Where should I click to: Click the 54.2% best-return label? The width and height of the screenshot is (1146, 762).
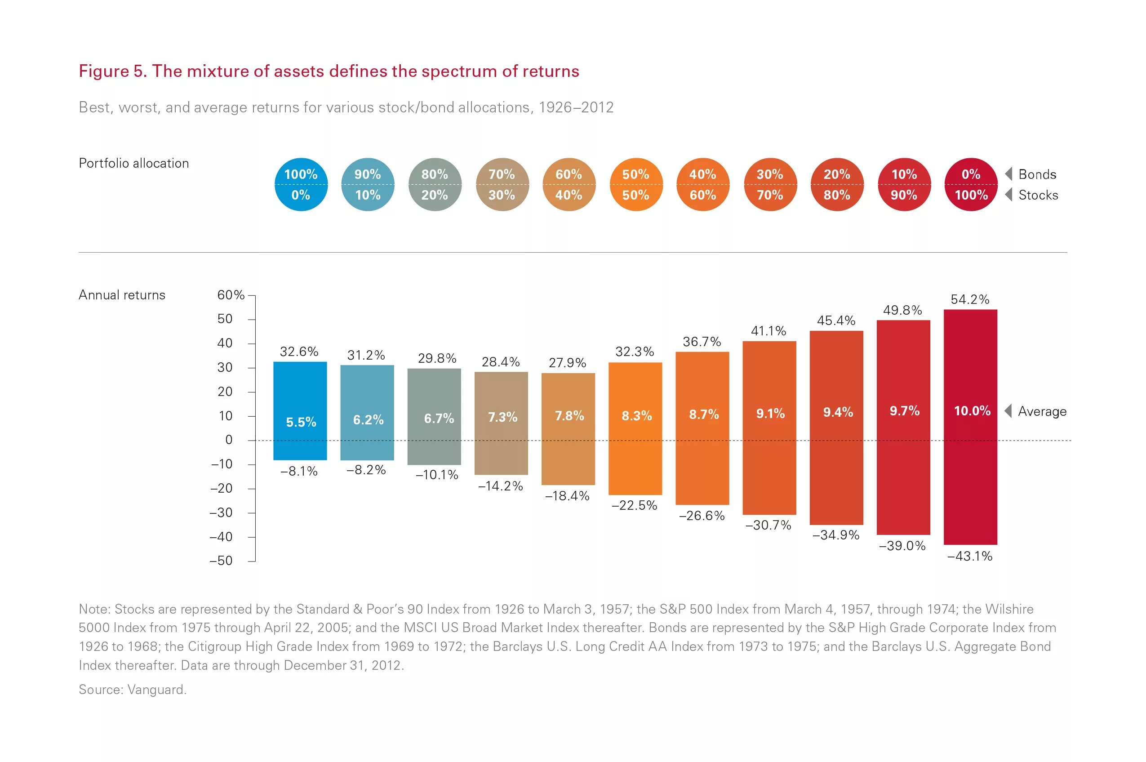click(x=970, y=299)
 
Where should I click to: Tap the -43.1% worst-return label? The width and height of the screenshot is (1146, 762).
click(x=970, y=556)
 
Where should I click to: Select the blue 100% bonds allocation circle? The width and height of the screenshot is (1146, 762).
click(x=301, y=185)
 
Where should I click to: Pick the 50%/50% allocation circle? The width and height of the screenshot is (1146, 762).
click(x=635, y=185)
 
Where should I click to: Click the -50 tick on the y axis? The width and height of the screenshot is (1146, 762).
click(x=221, y=561)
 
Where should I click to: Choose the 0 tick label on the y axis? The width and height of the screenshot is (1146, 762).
click(x=229, y=440)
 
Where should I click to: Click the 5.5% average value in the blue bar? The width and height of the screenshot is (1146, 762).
click(x=301, y=422)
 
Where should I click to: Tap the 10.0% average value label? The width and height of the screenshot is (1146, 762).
click(x=972, y=411)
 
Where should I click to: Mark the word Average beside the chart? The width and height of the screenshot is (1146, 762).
click(x=1042, y=412)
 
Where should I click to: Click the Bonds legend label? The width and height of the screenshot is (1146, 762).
click(x=1037, y=174)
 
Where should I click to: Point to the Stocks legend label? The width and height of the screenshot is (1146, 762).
click(x=1038, y=196)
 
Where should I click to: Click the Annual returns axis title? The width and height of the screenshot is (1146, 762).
click(x=122, y=295)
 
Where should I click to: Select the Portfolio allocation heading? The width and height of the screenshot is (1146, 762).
click(x=133, y=163)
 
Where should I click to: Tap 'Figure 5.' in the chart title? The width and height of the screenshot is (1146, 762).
click(x=113, y=71)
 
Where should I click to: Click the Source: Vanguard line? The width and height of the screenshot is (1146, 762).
click(x=133, y=690)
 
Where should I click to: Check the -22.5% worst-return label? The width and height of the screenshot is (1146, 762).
click(x=634, y=505)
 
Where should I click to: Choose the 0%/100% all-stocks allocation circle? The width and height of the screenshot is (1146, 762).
click(x=971, y=185)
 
